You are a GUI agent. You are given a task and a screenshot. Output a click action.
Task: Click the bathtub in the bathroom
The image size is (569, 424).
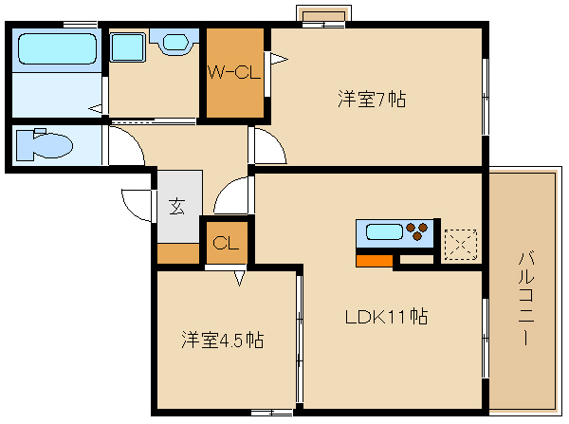click(x=57, y=47)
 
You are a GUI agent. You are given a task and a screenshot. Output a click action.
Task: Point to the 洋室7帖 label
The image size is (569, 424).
click(x=373, y=98)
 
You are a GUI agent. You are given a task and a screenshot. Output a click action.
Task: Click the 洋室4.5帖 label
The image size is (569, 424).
click(x=223, y=340)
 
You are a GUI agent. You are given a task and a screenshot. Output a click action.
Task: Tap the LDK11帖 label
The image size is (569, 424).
click(x=385, y=317)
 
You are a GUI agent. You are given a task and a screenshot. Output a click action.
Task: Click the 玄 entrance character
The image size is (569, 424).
click(x=178, y=206)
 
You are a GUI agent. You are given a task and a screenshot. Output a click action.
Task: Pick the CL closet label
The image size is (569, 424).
click(x=225, y=241)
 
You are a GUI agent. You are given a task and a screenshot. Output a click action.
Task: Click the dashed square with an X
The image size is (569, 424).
click(x=460, y=243)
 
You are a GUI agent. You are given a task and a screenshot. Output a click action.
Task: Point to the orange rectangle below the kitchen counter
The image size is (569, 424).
click(x=374, y=260)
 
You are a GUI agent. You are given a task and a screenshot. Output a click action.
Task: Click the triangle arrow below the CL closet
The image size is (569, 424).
click(x=240, y=278)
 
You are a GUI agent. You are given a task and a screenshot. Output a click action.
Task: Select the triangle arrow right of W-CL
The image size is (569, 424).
click(x=278, y=60)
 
